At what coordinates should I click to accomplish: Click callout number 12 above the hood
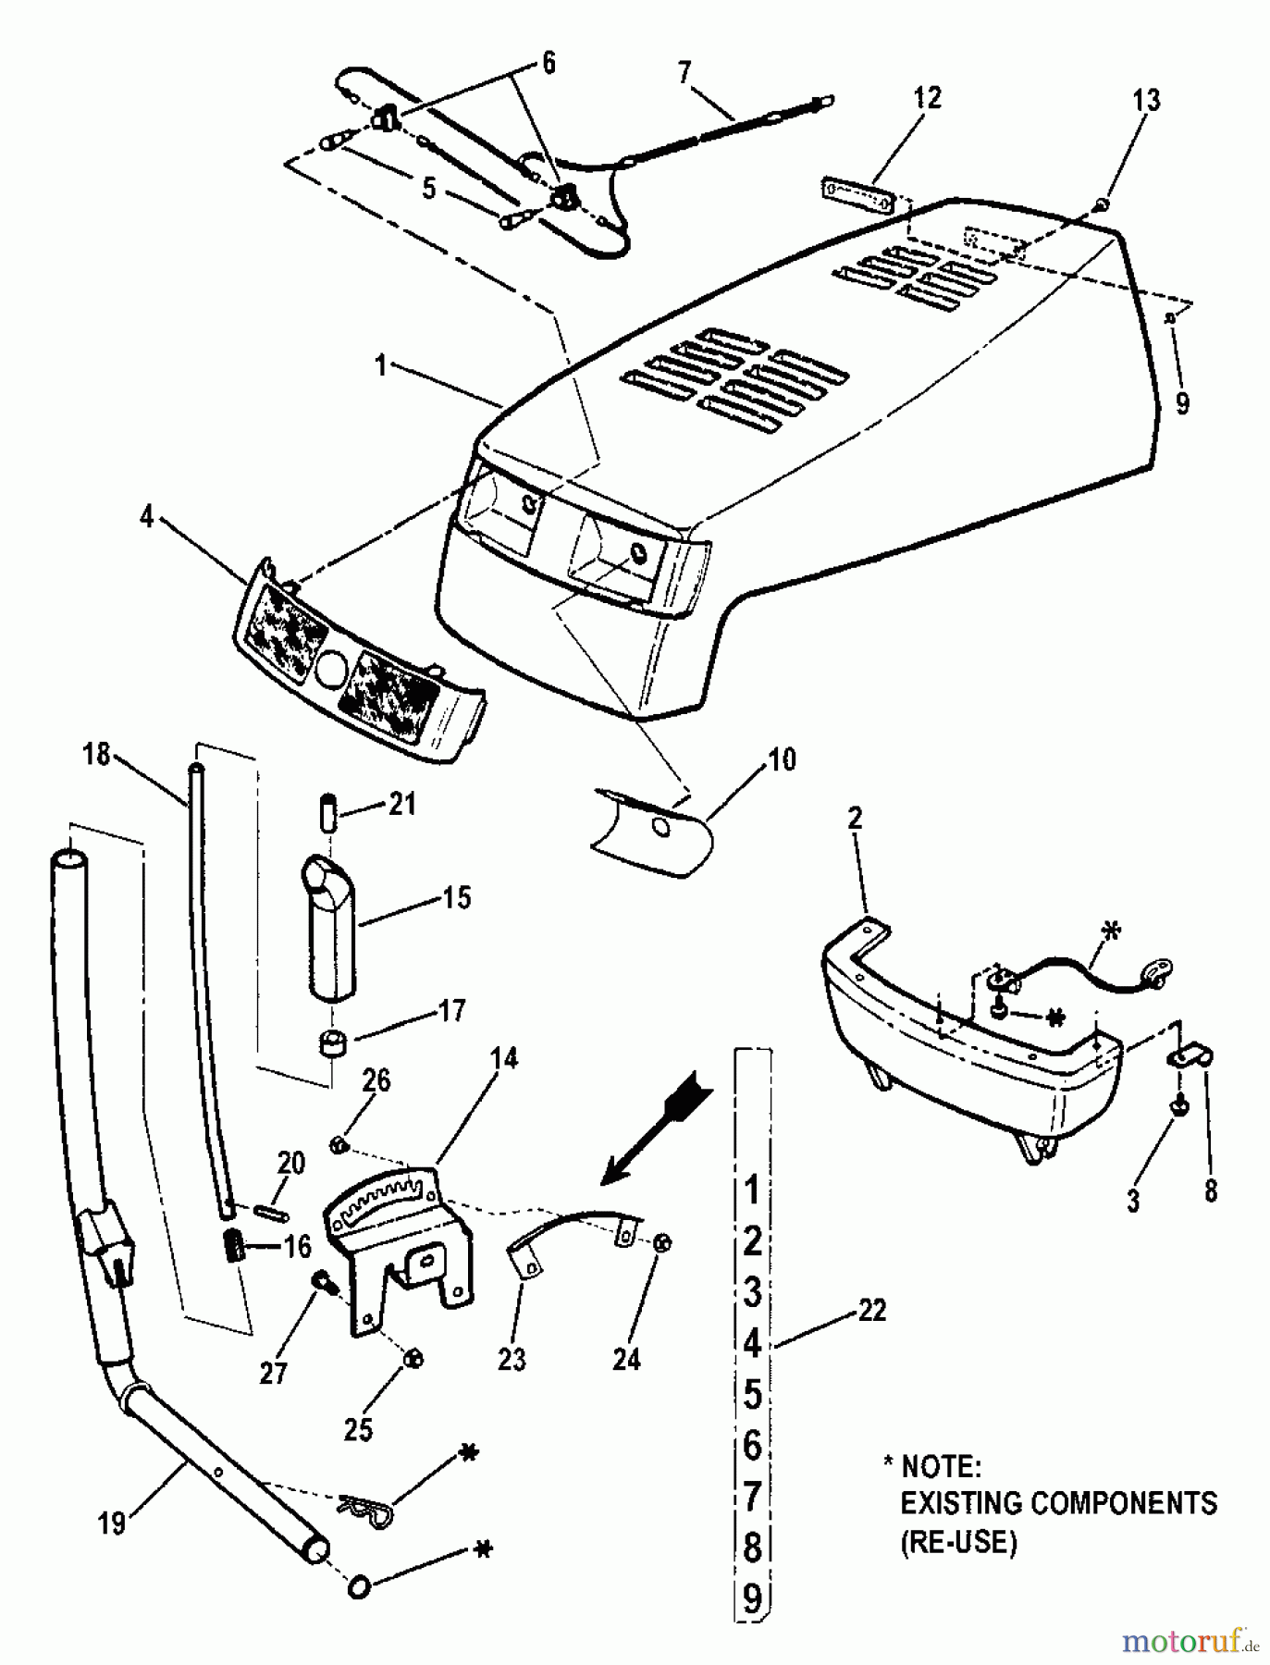click(927, 98)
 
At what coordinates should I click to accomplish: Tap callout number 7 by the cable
click(684, 72)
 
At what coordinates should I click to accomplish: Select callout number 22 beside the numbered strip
click(871, 1310)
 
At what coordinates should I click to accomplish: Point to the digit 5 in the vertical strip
click(752, 1393)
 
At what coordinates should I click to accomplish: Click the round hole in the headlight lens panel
click(328, 669)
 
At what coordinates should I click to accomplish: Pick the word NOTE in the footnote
click(940, 1467)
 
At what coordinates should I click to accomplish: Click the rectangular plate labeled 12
click(857, 196)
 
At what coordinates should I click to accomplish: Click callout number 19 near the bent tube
click(111, 1523)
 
